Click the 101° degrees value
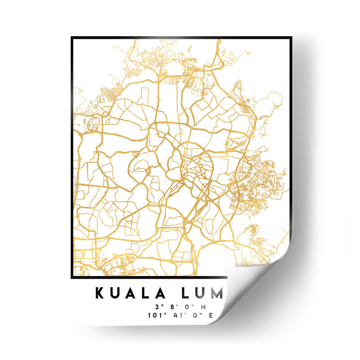(x=154, y=315)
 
